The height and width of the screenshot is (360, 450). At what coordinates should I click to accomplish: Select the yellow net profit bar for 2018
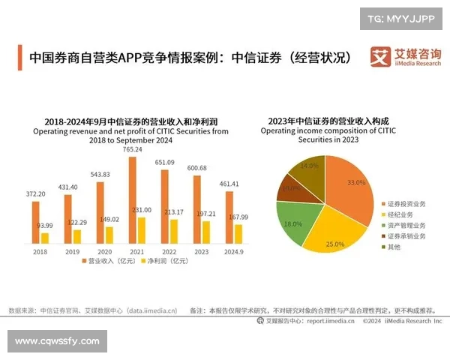(x=45, y=238)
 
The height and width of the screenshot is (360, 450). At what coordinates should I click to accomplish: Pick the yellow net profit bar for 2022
(x=174, y=232)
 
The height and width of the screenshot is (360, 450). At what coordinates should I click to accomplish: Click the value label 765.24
(x=133, y=150)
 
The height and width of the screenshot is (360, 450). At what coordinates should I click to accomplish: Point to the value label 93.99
(x=45, y=226)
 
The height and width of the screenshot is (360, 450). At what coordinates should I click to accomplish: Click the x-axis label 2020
(x=104, y=252)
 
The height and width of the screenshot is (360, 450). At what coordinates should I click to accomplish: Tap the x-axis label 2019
(x=72, y=252)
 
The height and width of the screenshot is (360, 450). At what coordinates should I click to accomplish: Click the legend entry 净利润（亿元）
(x=163, y=262)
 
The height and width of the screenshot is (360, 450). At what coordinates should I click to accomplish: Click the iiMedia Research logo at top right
(x=405, y=58)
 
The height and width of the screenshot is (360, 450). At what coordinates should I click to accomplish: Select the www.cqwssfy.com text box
(x=57, y=341)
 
